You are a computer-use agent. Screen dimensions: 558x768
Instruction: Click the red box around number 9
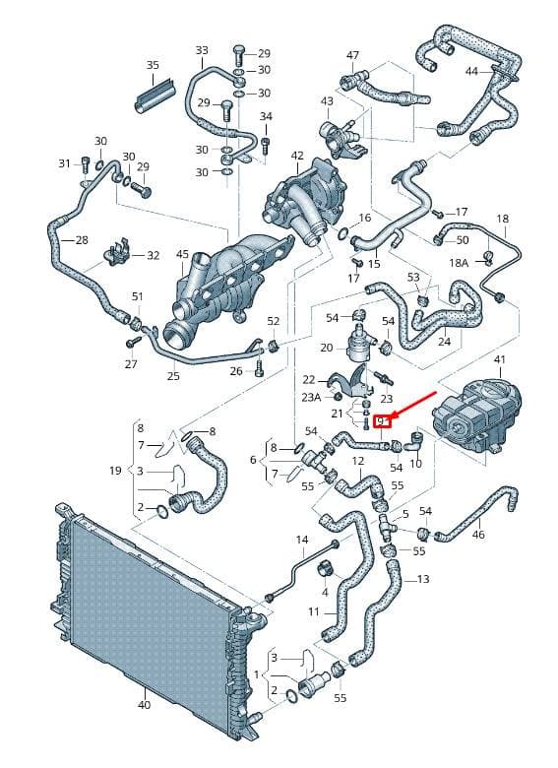[382, 421]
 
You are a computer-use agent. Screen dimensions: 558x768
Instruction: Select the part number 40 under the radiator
[145, 705]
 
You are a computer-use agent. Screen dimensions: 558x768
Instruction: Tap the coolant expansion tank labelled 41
[477, 416]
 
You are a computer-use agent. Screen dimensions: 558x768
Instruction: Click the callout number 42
[297, 156]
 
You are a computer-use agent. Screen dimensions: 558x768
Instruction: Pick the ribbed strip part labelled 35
[154, 95]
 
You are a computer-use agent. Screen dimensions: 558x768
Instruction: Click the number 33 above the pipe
[202, 50]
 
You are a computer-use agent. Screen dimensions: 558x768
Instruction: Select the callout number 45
[183, 254]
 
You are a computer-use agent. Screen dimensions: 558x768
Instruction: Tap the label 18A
[460, 263]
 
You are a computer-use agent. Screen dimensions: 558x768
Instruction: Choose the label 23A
[311, 397]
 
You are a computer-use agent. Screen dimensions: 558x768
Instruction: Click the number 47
[352, 56]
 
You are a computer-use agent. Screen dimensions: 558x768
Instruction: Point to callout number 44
[471, 72]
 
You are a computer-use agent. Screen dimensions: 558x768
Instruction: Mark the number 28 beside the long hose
[82, 240]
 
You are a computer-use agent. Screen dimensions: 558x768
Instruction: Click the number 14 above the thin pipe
[302, 540]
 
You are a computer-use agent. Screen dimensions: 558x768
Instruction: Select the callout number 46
[478, 534]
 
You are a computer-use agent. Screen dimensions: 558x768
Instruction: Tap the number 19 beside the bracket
[115, 471]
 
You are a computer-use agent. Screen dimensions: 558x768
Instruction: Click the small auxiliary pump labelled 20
[359, 342]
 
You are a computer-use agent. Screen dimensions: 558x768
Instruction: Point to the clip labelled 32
[117, 252]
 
